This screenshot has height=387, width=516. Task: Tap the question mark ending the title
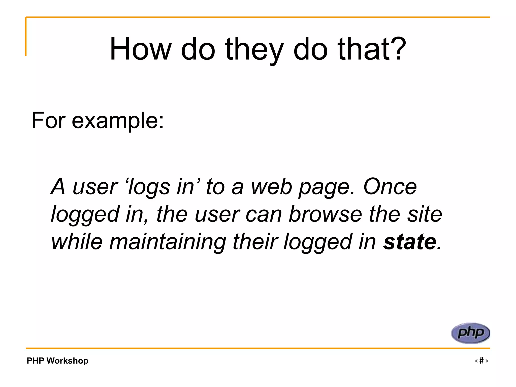point(398,49)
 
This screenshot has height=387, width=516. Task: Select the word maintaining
point(168,242)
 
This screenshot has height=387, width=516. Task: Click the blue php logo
point(471,333)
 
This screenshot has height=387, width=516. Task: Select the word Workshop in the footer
point(67,361)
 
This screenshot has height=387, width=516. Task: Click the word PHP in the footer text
point(35,361)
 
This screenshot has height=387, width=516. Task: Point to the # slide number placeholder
point(481,361)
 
